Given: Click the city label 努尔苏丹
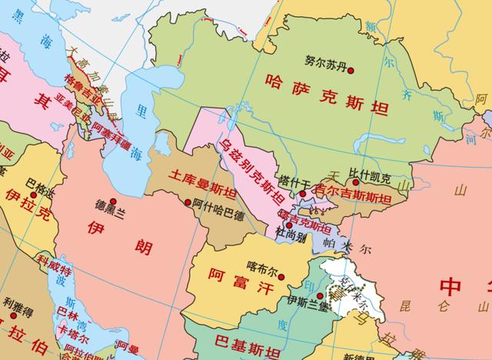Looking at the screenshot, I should (327, 59).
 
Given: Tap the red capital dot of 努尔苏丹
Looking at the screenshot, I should (351, 71).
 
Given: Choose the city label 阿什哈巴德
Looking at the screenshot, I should (218, 204).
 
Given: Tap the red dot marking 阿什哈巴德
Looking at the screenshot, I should (189, 202).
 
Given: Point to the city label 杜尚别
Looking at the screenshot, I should (293, 236).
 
